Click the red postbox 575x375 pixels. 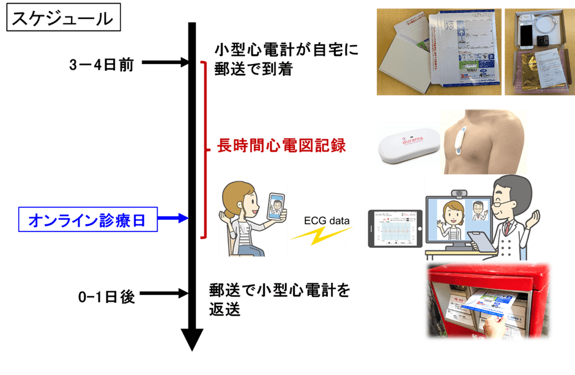point(465,299)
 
